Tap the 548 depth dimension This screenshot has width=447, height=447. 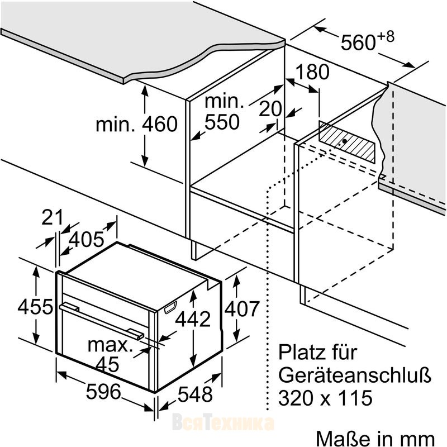point(195,394)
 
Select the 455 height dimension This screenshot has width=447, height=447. point(35,307)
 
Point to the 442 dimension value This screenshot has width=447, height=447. point(193,319)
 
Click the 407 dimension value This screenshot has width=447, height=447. point(242,308)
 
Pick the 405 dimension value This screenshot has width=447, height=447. point(87,239)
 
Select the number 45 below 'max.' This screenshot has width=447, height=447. point(107,364)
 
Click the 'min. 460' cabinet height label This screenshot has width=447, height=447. point(136,124)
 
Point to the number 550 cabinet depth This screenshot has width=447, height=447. point(222,122)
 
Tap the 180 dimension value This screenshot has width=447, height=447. point(312,72)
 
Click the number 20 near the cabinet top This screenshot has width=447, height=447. point(270,108)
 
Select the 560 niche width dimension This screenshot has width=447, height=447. point(358,42)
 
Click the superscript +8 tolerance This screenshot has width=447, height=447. point(386,37)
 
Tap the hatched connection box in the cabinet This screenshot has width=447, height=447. point(347,142)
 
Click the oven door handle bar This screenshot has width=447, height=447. point(102,321)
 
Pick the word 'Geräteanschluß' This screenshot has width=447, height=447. point(355,375)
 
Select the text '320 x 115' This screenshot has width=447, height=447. point(325,398)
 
